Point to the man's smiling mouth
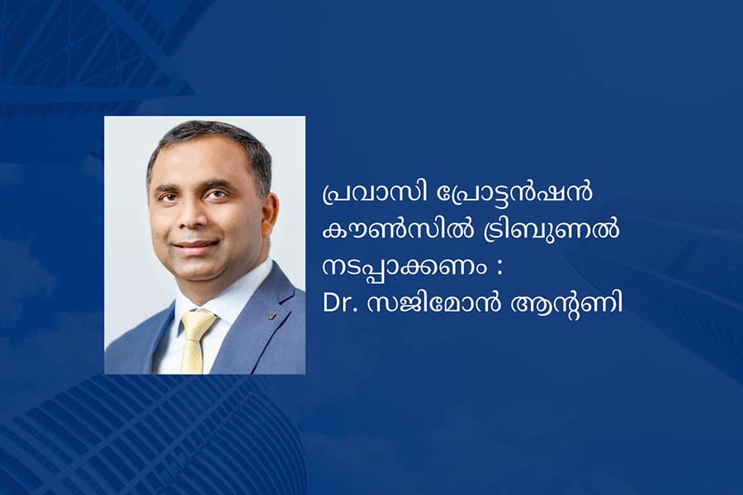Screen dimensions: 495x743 pyautogui.click(x=196, y=245)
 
